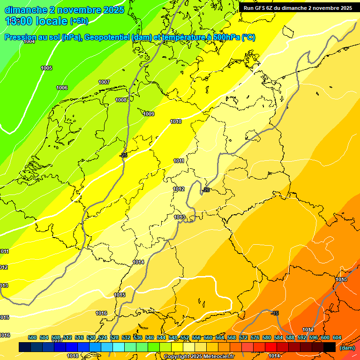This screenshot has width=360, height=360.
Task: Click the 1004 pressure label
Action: [29, 41]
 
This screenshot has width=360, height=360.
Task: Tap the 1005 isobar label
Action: [46, 68]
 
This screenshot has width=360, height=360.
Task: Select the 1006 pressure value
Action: [62, 88]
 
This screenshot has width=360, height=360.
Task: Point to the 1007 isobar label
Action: [104, 82]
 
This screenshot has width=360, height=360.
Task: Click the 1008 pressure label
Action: [121, 100]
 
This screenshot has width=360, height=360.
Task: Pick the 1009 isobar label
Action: [149, 114]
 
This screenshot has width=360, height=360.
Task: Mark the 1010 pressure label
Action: [176, 121]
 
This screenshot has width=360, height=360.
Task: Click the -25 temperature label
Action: [123, 155]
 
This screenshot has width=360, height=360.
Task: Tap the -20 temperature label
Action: [206, 190]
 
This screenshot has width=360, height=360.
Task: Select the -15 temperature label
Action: [275, 313]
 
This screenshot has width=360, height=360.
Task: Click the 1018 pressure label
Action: [73, 356]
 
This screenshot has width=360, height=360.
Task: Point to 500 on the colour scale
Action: [32, 337]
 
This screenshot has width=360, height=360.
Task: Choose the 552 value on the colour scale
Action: [185, 337]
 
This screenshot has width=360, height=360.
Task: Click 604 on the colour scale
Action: [337, 337]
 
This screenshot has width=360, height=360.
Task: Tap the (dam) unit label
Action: [347, 347]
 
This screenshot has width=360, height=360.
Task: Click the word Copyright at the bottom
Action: [177, 356]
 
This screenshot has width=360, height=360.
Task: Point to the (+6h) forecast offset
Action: [79, 21]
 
